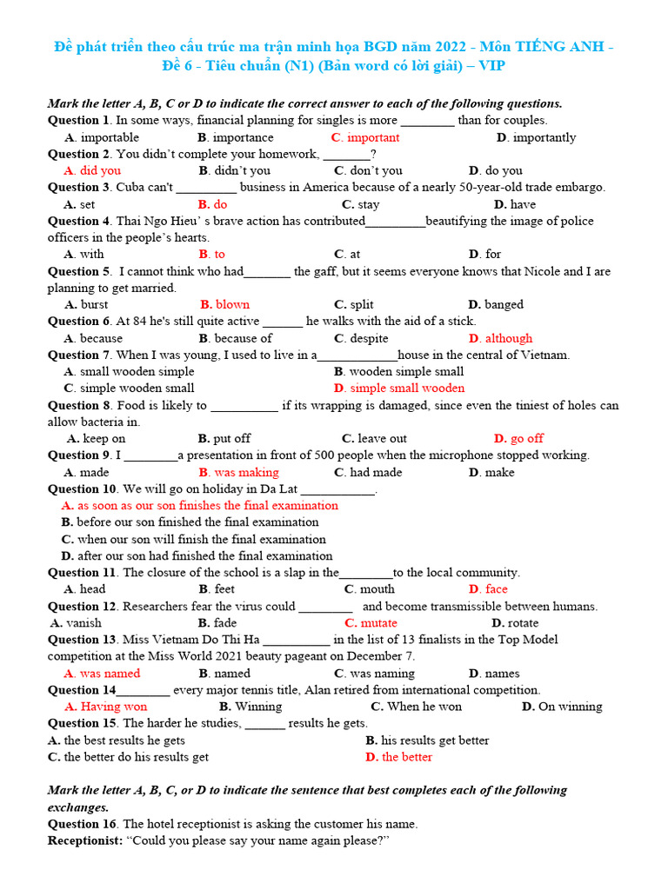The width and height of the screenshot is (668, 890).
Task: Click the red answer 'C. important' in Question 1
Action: click(365, 137)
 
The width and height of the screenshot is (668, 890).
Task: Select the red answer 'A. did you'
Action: click(92, 170)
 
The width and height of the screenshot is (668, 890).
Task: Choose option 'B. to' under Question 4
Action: click(211, 254)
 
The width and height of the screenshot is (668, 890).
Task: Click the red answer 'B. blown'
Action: click(224, 304)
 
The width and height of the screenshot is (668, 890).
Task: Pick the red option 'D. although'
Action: click(500, 338)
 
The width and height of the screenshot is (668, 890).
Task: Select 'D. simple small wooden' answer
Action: click(399, 388)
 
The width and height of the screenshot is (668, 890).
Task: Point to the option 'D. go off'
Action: click(518, 438)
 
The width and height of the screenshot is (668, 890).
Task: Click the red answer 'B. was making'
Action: click(238, 472)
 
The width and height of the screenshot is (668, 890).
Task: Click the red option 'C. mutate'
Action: click(371, 622)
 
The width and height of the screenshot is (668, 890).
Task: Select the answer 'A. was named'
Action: click(102, 673)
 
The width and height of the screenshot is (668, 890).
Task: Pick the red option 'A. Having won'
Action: click(106, 706)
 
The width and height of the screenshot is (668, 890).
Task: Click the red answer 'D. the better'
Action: click(398, 756)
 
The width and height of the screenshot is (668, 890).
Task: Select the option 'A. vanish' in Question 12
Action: click(76, 622)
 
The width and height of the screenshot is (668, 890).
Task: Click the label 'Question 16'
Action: click(82, 823)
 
